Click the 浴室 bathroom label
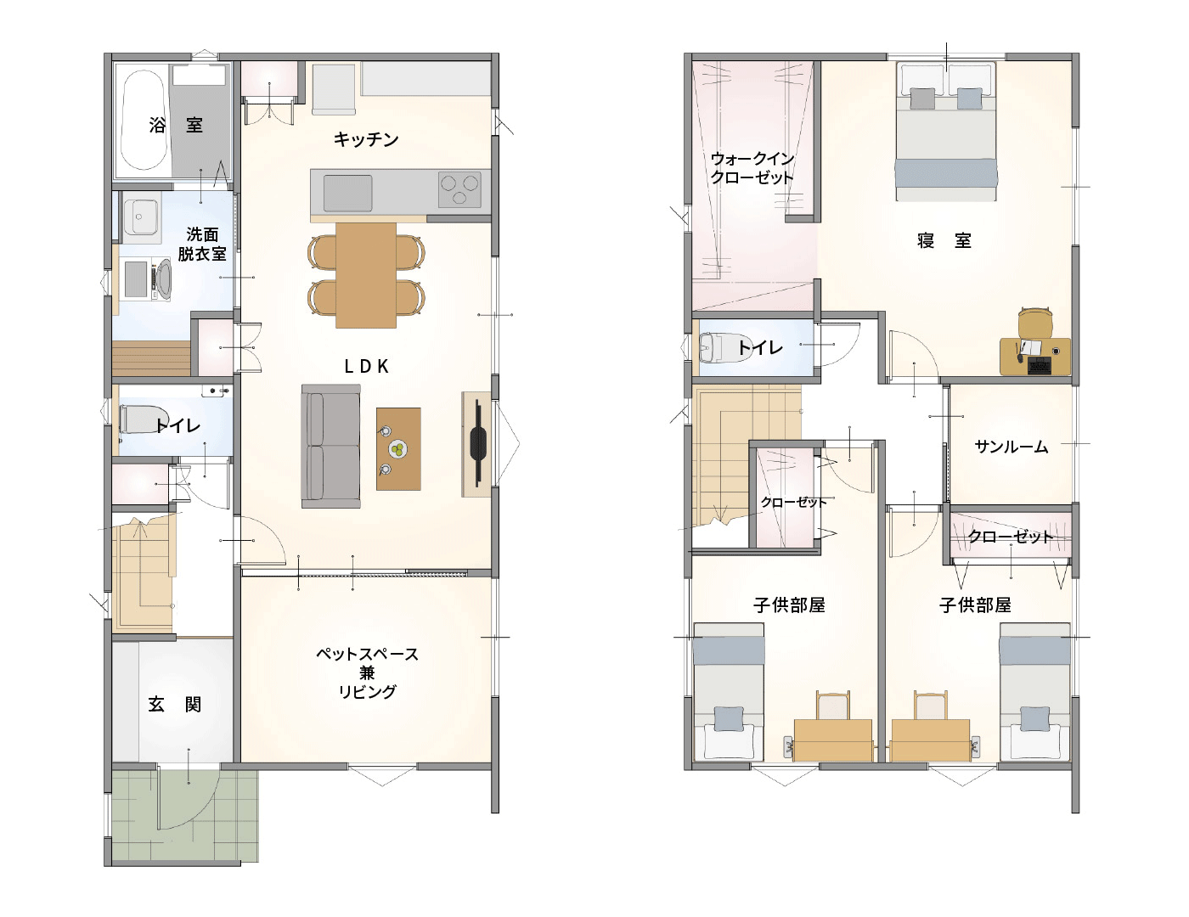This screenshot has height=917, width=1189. tap(176, 125)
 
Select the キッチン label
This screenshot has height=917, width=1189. tap(366, 139)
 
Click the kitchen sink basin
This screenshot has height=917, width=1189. tap(347, 193)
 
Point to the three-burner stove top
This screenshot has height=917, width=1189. tap(459, 189)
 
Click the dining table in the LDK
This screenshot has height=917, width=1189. tap(365, 275)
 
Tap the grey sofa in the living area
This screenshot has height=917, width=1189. tap(330, 447)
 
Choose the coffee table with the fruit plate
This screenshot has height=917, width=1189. tap(398, 449)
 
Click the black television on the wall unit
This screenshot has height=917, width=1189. tap(477, 442)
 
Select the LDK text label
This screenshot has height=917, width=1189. tap(367, 366)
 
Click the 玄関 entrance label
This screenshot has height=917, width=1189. tap(175, 705)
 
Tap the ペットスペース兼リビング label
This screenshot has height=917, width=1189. tap(367, 672)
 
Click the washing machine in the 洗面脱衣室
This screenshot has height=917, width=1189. tap(147, 278)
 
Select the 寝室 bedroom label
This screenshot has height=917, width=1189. tap(944, 240)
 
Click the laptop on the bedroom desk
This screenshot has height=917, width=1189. tap(1039, 365)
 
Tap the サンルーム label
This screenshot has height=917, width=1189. tap(1011, 447)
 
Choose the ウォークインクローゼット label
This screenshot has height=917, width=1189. tap(752, 168)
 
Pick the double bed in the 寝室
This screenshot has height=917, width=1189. tap(946, 132)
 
